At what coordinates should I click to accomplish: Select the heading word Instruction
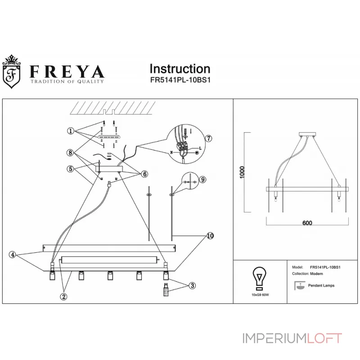[180, 68]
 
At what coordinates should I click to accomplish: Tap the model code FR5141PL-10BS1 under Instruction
[180, 81]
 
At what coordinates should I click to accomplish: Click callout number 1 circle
[71, 131]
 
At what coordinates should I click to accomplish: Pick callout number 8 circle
[71, 153]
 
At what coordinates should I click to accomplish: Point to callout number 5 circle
[71, 169]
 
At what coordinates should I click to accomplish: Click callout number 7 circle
[208, 138]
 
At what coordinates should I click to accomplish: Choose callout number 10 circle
[209, 236]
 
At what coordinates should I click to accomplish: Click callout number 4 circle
[13, 255]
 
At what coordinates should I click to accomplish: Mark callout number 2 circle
[63, 296]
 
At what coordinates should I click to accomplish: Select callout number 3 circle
[192, 285]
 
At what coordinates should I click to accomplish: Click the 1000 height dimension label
[242, 172]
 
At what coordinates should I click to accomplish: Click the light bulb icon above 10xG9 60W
[260, 278]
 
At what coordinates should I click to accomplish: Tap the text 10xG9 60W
[260, 294]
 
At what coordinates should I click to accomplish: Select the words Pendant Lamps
[321, 285]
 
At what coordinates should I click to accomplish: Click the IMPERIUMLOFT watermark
[292, 337]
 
